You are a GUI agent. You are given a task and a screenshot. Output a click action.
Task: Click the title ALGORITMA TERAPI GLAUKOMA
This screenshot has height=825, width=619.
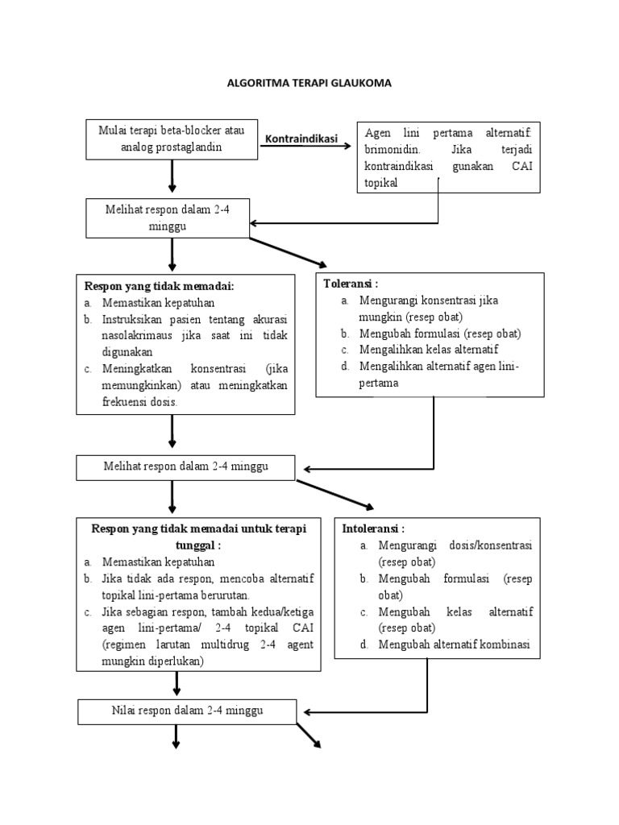click(x=309, y=83)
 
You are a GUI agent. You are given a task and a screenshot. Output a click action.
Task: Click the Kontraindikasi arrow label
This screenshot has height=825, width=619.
click(x=301, y=139)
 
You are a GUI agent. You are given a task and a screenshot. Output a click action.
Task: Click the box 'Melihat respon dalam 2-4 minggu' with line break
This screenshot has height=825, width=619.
click(x=167, y=218)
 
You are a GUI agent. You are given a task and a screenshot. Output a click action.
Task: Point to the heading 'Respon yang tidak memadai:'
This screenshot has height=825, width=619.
click(x=159, y=286)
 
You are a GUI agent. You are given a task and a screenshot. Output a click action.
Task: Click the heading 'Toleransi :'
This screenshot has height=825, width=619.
click(x=351, y=284)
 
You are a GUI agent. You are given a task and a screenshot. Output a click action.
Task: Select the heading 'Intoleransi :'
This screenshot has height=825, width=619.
click(x=373, y=529)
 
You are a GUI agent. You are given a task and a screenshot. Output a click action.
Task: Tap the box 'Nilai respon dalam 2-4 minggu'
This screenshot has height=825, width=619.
click(x=186, y=711)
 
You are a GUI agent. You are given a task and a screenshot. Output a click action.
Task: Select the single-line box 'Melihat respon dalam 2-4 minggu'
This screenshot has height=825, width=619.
click(x=186, y=466)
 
